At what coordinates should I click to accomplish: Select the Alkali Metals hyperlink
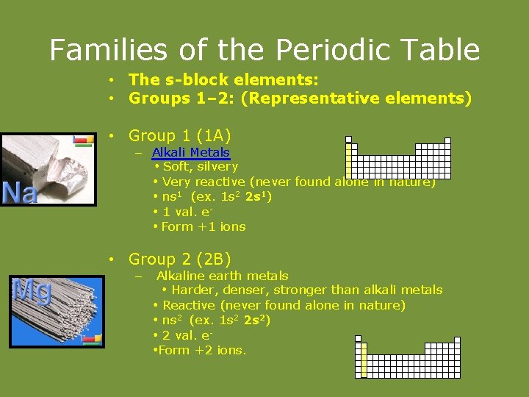190,152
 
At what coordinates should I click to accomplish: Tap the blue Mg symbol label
32,292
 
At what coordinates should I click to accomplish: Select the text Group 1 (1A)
179,135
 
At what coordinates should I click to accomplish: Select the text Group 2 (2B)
179,259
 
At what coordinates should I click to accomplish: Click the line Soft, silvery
199,166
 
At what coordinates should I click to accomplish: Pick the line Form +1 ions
203,226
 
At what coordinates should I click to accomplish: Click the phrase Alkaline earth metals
222,276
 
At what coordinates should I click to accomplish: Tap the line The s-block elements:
223,79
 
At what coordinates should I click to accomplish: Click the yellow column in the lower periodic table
363,360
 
